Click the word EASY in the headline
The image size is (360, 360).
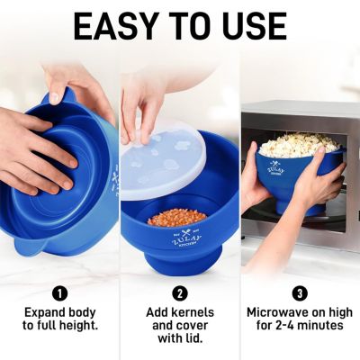click(x=116, y=27)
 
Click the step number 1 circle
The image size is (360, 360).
click(x=59, y=292)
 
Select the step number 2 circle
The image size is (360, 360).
click(x=179, y=292)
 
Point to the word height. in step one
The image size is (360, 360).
click(x=80, y=326)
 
